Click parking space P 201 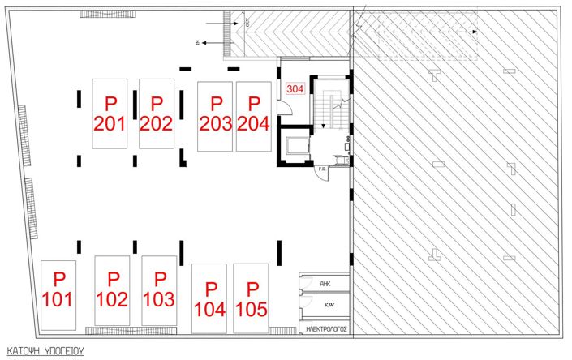(x=110, y=114)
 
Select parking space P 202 (x=157, y=114)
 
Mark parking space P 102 (x=112, y=289)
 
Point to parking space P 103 (x=159, y=289)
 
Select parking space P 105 (x=252, y=298)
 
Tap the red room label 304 (x=295, y=89)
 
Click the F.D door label (x=321, y=169)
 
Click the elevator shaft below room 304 (x=294, y=147)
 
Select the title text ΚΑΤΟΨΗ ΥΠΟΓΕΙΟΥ (x=45, y=352)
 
